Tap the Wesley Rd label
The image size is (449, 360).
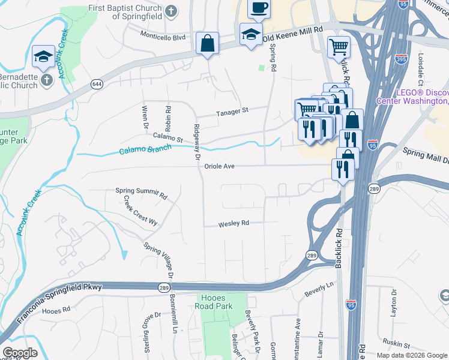[x=234, y=223]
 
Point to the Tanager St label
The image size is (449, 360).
[x=232, y=111]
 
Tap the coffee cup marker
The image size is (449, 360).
[x=259, y=8]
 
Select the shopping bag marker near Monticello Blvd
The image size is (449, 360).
[x=207, y=44]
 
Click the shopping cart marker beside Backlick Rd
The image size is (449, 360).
[x=339, y=46]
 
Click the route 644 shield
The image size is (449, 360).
[x=97, y=85]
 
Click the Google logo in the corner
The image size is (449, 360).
[x=19, y=353]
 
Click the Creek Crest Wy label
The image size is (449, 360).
[x=140, y=211]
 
